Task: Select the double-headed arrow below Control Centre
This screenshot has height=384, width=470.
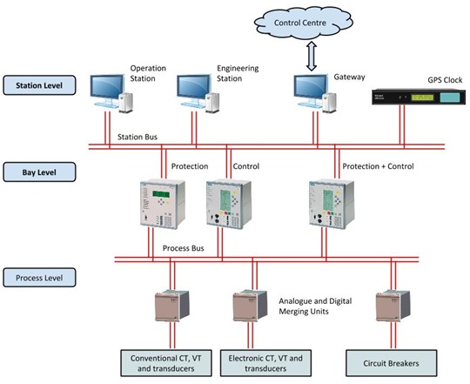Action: (314, 54)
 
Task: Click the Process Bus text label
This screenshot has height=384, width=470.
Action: (184, 248)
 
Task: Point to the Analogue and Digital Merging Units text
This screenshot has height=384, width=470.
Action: (316, 305)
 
